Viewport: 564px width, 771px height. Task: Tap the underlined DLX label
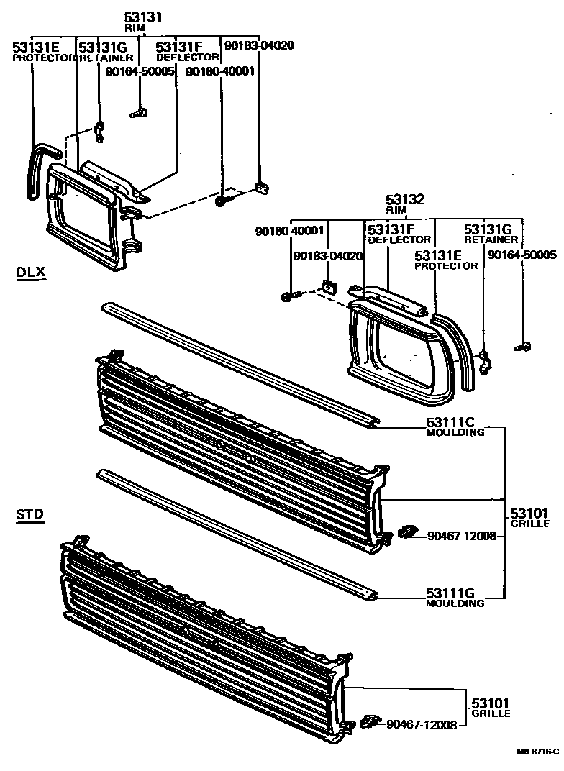pyautogui.click(x=30, y=272)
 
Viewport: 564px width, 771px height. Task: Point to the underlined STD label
pyautogui.click(x=29, y=514)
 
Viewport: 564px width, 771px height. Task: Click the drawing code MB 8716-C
pyautogui.click(x=537, y=751)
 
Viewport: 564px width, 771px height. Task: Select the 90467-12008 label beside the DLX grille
pyautogui.click(x=460, y=536)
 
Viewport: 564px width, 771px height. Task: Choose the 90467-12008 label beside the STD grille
pyautogui.click(x=421, y=724)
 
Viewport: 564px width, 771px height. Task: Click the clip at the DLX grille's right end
pyautogui.click(x=407, y=533)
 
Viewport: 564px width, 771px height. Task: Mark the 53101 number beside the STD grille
pyautogui.click(x=491, y=703)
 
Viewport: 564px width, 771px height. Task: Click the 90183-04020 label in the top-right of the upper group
pyautogui.click(x=249, y=45)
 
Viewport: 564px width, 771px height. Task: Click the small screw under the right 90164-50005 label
pyautogui.click(x=524, y=347)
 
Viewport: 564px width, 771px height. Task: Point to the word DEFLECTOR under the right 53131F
pyautogui.click(x=399, y=239)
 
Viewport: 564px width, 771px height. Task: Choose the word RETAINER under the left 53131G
pyautogui.click(x=106, y=57)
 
